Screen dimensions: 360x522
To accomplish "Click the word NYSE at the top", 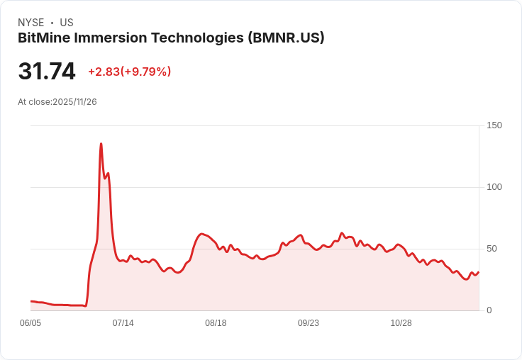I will coord(30,23).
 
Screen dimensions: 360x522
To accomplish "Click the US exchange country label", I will coord(67,23).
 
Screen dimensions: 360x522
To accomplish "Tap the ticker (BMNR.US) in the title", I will coord(286,38).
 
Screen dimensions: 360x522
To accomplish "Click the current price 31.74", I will coord(47,72).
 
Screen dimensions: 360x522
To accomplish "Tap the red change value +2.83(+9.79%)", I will coord(129,72).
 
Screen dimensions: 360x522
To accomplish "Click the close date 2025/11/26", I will coord(74,102).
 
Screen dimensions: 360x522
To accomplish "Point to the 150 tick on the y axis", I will coord(494,125).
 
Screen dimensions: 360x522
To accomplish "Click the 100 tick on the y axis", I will coord(494,187).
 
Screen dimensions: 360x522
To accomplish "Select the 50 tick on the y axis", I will coord(492,249).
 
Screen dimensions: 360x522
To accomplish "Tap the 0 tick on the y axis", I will coord(489,310).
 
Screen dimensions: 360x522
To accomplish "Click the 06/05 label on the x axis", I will coord(30,323).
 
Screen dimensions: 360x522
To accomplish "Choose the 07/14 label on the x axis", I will coord(123,323).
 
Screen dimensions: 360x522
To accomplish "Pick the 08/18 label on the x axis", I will coord(216,323).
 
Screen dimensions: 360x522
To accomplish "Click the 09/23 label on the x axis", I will coord(309,323).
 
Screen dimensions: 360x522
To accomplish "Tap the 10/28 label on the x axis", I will coord(401,323).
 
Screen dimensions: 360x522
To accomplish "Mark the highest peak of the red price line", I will coord(101,144).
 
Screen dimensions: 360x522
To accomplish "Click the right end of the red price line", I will coord(479,272).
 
